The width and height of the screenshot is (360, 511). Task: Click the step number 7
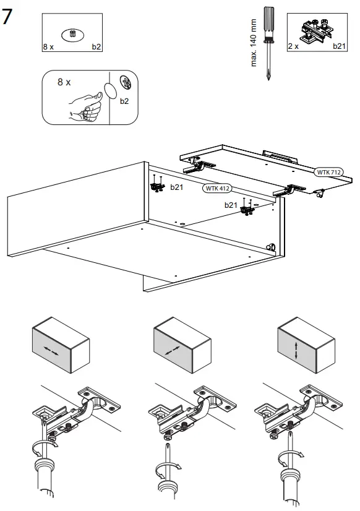(8, 17)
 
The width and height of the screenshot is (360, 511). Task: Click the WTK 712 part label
(330, 171)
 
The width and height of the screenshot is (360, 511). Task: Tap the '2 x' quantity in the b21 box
(293, 46)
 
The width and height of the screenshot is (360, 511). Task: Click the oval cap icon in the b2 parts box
(73, 35)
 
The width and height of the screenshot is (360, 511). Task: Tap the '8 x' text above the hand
(64, 82)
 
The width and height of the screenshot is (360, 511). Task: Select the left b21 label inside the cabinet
(178, 186)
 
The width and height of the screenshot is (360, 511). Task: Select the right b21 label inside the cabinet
(231, 204)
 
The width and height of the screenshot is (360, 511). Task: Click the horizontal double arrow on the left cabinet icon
(52, 350)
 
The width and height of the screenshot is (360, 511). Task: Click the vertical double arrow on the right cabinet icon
(298, 351)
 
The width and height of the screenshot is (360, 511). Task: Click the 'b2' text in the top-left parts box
(96, 46)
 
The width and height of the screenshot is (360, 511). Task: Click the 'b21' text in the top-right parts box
(340, 46)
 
